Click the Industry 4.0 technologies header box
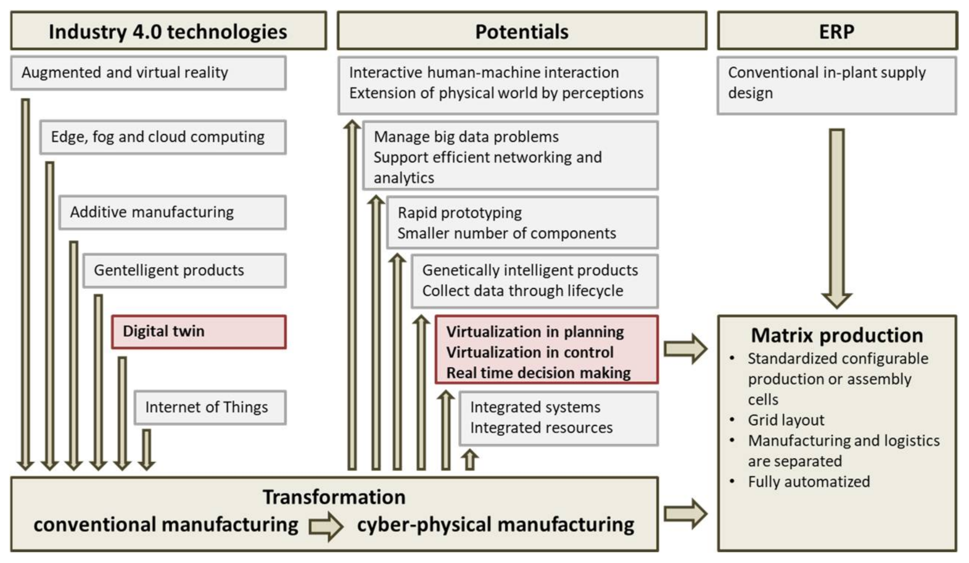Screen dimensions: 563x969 tap(168, 31)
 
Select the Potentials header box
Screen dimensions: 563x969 tap(521, 31)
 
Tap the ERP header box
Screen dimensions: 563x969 tap(836, 31)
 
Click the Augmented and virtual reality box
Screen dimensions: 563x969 tap(148, 73)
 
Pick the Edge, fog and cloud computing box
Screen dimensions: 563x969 tap(163, 137)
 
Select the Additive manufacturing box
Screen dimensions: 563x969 tap(172, 212)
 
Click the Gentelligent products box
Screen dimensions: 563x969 tap(184, 270)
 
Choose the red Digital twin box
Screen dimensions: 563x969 tap(199, 331)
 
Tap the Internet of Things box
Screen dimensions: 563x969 tap(210, 407)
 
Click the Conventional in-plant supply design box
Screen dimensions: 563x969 tap(836, 85)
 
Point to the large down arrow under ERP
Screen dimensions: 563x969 tap(836, 216)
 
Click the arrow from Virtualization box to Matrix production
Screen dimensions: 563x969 tap(685, 349)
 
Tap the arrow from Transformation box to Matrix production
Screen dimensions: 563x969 tap(685, 514)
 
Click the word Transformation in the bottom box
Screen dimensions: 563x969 tap(334, 497)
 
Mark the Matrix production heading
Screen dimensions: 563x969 tap(836, 335)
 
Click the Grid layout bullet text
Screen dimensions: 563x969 tap(786, 420)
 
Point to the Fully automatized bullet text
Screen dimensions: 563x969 tap(809, 482)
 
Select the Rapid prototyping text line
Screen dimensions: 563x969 tap(460, 213)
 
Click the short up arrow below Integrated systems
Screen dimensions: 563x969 tap(469, 459)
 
